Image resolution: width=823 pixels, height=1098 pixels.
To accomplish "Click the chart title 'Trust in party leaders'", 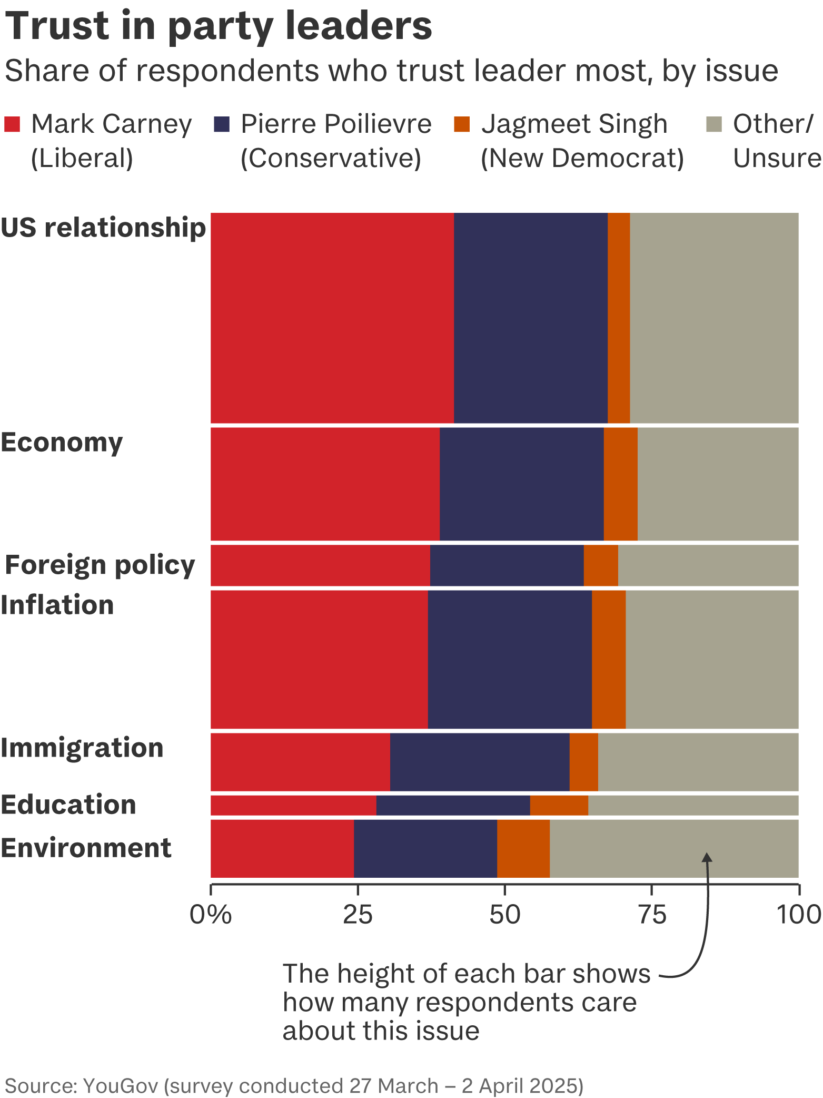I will (219, 26).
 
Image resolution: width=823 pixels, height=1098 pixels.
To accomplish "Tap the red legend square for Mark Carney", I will (12, 124).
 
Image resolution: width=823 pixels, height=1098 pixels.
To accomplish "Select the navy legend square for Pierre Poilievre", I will (222, 124).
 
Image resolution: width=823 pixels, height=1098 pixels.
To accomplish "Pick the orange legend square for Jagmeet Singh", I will (462, 124).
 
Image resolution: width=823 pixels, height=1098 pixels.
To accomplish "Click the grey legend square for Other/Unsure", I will (713, 124).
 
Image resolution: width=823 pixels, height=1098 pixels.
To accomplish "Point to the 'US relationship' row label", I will (103, 228).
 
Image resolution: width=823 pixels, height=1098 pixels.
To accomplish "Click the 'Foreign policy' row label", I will (100, 565).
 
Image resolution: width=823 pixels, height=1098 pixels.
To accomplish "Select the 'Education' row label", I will (68, 805).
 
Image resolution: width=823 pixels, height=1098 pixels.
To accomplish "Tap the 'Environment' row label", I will (86, 848).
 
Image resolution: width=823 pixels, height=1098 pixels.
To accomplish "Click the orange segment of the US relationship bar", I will (619, 318).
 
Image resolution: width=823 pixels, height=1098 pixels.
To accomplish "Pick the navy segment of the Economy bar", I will (521, 484).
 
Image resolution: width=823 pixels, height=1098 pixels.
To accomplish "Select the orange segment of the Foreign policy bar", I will (601, 565).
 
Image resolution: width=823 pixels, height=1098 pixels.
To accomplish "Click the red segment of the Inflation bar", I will (319, 659).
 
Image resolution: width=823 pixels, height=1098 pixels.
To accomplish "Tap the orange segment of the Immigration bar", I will (583, 762).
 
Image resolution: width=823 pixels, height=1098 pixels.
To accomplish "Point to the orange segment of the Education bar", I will (559, 805).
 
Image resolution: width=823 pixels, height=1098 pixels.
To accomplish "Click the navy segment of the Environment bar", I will (425, 848).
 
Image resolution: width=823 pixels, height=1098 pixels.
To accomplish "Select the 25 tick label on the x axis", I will (358, 915).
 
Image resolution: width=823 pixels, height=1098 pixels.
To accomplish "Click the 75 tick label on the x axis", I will (652, 915).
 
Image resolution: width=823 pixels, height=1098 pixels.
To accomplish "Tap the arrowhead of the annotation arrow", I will (708, 858).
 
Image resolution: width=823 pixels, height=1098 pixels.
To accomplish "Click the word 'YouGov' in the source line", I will (121, 1086).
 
